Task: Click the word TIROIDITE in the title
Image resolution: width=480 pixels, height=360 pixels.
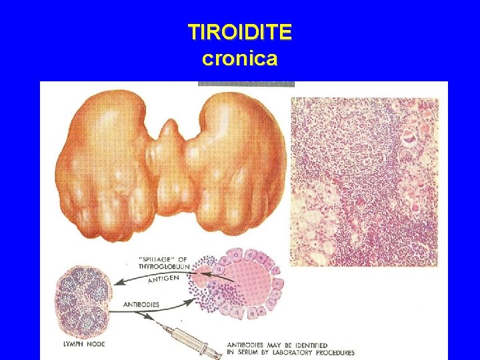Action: [x=240, y=32]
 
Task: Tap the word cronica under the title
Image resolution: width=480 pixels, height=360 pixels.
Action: [x=239, y=59]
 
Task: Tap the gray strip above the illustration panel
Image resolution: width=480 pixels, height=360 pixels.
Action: [x=246, y=83]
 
